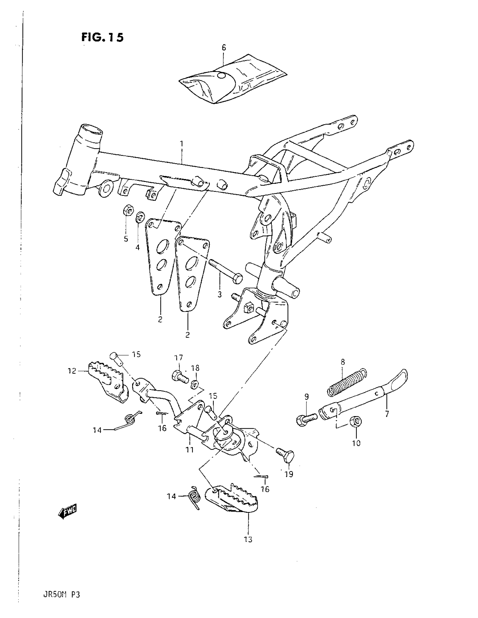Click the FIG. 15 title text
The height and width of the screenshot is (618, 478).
[x=102, y=37]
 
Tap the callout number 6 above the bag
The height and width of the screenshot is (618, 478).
[x=224, y=48]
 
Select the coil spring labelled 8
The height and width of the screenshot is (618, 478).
[x=347, y=382]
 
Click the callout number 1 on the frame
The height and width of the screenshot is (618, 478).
[x=182, y=144]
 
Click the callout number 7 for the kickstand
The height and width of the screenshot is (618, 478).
[x=387, y=414]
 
